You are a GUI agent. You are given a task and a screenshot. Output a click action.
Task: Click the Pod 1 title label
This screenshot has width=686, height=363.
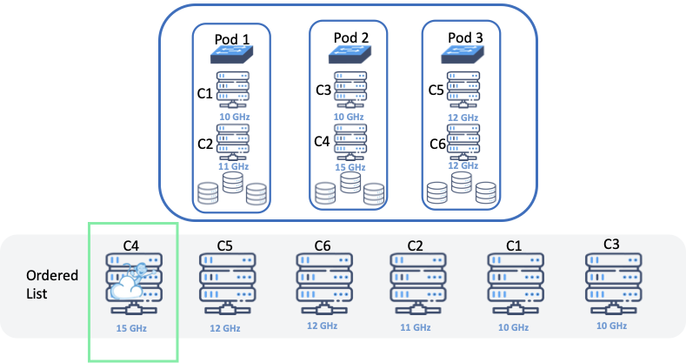(232, 39)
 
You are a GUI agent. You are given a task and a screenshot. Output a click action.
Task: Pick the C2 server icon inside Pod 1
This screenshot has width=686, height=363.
(233, 141)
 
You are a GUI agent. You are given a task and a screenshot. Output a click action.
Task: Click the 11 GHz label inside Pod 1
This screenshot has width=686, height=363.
(233, 165)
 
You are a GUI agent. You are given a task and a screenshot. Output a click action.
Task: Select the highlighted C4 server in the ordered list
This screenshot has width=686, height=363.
(132, 283)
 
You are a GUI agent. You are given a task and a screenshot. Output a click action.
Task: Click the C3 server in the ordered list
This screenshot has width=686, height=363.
(612, 281)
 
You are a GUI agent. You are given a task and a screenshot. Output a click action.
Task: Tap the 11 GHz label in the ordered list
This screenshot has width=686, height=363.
(415, 327)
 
